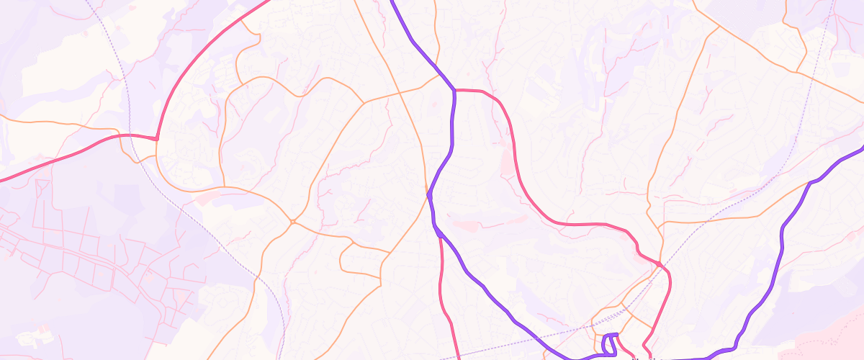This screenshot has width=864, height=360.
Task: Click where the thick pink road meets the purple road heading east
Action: pos(455,90)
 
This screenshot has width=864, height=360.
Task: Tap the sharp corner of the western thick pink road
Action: pos(156,138)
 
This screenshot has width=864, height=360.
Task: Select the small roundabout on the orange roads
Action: pos(292,221)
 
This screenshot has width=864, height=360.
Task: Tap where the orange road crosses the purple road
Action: pos(429,193)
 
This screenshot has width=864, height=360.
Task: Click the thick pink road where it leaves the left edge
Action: pos(2,179)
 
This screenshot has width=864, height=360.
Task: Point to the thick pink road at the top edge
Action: pos(268,1)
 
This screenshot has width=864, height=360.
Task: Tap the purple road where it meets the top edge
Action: pos(392,1)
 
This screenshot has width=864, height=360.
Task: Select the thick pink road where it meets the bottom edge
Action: pos(459,358)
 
